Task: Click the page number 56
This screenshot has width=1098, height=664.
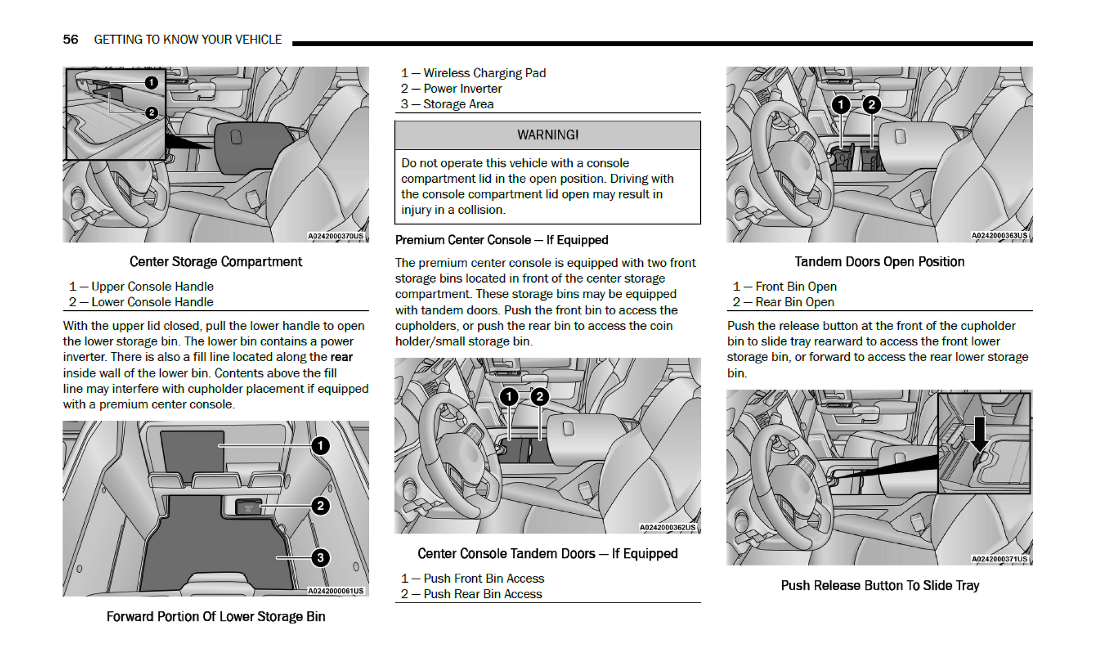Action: pyautogui.click(x=71, y=39)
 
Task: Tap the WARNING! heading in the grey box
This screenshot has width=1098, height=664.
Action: pyautogui.click(x=547, y=135)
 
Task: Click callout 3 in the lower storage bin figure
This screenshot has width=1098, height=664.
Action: pyautogui.click(x=320, y=558)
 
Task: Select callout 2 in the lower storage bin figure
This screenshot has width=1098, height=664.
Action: pyautogui.click(x=320, y=505)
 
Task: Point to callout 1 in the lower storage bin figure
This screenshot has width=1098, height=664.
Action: pyautogui.click(x=320, y=446)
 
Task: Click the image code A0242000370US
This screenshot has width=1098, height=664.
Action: pyautogui.click(x=336, y=236)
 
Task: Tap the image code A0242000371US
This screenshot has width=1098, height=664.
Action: pyautogui.click(x=999, y=559)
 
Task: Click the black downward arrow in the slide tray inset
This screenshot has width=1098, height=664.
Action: pyautogui.click(x=980, y=433)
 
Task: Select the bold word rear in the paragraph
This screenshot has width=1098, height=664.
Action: pyautogui.click(x=341, y=357)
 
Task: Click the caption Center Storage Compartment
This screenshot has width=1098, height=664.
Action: pyautogui.click(x=216, y=262)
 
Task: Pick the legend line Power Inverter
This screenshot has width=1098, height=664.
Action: pyautogui.click(x=451, y=89)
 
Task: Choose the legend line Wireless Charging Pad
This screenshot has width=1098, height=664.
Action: pyautogui.click(x=473, y=73)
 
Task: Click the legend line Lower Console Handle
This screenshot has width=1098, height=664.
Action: pyautogui.click(x=141, y=302)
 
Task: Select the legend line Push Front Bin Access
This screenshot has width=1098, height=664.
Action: pyautogui.click(x=472, y=578)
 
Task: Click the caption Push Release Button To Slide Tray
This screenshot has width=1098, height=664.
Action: pyautogui.click(x=880, y=586)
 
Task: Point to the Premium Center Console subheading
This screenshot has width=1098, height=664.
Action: pyautogui.click(x=502, y=240)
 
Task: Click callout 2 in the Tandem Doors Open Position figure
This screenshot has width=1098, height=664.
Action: pyautogui.click(x=872, y=104)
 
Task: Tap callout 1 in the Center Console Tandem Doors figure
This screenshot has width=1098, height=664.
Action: pyautogui.click(x=509, y=397)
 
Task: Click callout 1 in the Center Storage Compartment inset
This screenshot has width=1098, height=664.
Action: pyautogui.click(x=151, y=83)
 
